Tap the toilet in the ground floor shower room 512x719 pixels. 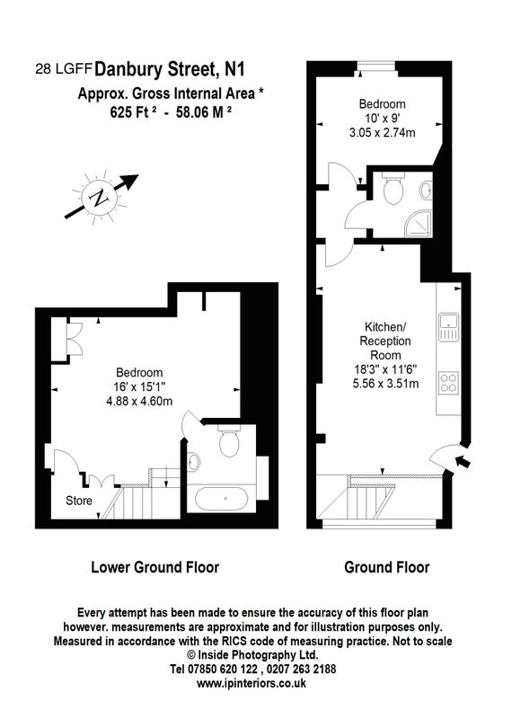click(393, 188)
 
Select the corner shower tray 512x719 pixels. click(419, 224)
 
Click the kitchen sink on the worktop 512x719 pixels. click(449, 327)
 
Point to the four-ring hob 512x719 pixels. click(449, 383)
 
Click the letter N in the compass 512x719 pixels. click(99, 199)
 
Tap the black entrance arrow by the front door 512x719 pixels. click(463, 461)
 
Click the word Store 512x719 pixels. click(79, 501)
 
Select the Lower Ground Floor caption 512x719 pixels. click(154, 567)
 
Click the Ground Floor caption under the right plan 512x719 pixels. click(387, 567)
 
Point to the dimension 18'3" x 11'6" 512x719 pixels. click(385, 369)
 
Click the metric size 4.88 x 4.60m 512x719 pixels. click(139, 401)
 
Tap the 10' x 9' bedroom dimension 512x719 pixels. click(383, 119)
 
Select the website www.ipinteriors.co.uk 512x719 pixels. click(252, 683)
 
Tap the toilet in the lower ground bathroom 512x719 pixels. click(229, 441)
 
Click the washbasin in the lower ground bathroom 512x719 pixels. click(193, 461)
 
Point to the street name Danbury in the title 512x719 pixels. click(128, 69)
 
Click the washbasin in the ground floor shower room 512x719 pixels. click(427, 191)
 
